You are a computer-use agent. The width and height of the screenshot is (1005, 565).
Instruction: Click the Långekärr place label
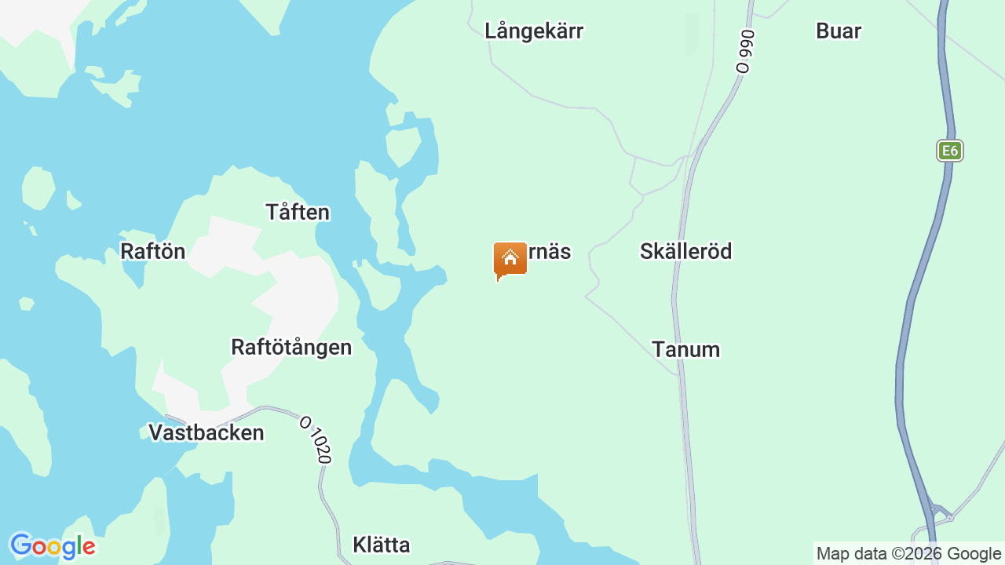pos(534,31)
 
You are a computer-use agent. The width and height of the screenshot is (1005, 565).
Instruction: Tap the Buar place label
pos(839,31)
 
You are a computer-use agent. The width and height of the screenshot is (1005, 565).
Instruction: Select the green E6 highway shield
pos(950,151)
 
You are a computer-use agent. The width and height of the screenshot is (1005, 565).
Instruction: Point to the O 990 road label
pos(744,51)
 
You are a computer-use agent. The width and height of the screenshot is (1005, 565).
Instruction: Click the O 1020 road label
pos(316,439)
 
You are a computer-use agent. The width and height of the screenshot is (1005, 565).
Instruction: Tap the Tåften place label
pos(298,213)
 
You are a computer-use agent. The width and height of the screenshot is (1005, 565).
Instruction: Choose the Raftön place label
pos(152,251)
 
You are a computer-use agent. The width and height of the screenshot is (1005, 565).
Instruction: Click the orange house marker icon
pos(510,260)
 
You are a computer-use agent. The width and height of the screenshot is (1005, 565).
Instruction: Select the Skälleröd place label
pos(685,251)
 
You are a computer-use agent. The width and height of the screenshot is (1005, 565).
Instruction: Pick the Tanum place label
pos(685,350)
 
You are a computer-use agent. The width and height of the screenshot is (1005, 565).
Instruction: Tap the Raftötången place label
pos(291,347)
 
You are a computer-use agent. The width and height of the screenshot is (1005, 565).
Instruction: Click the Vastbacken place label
pos(206,433)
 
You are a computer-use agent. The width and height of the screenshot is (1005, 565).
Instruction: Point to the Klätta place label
pos(382,545)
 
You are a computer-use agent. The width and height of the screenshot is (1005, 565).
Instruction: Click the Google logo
pos(53,546)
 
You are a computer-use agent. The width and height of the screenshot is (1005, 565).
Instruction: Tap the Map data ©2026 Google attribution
pos(908,554)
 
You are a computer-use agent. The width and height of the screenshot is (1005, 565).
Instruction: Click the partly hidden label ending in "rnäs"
pos(549,252)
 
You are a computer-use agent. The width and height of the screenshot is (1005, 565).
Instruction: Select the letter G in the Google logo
pos(21,545)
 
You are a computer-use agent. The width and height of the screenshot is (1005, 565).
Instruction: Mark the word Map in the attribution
pos(832,554)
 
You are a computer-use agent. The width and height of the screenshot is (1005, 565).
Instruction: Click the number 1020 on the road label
pos(319,445)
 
